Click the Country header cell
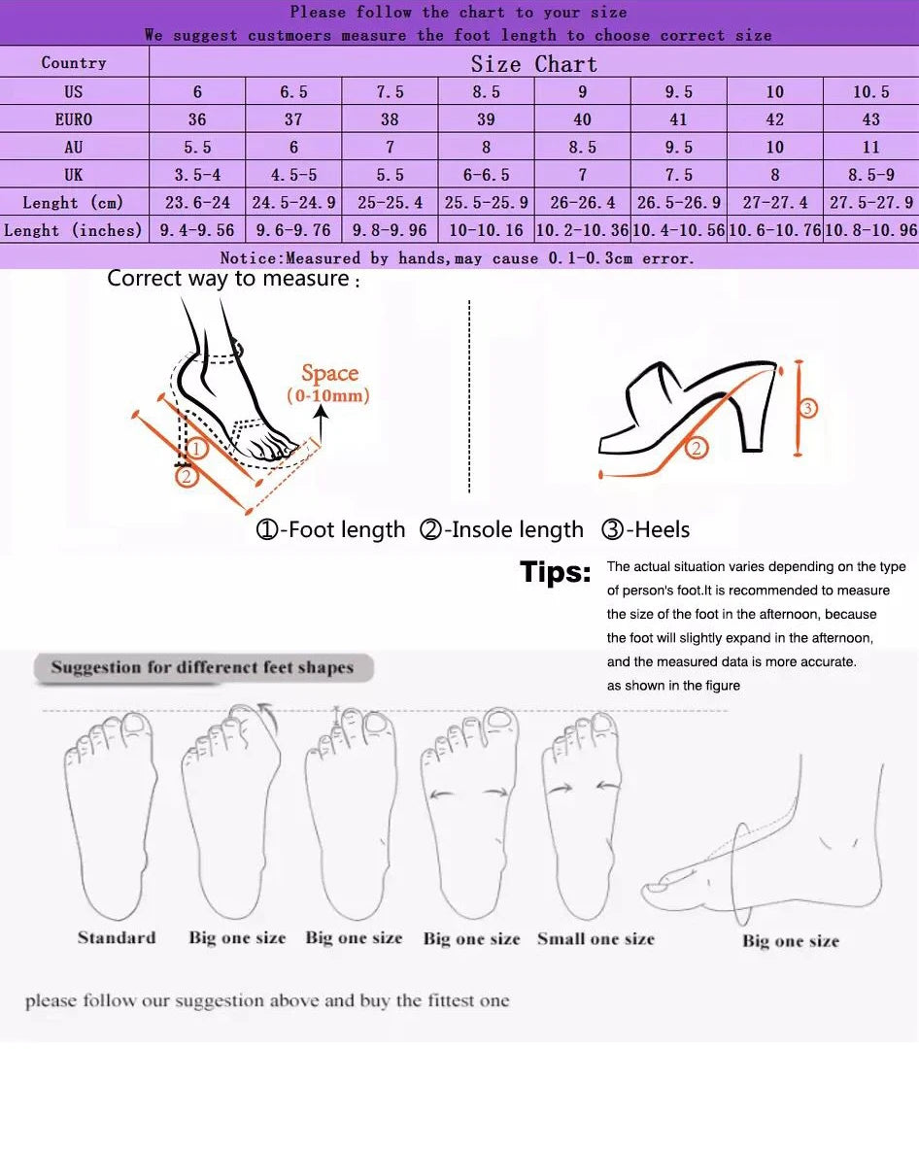[x=74, y=63]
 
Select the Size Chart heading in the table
[x=533, y=64]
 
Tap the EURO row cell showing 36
[x=197, y=119]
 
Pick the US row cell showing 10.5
[x=870, y=92]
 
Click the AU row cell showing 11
[x=870, y=148]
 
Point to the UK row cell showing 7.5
[x=678, y=176]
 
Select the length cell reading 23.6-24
[x=197, y=203]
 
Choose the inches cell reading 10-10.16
[x=485, y=231]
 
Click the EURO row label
[x=74, y=119]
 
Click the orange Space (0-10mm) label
[x=328, y=383]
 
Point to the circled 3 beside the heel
[x=807, y=408]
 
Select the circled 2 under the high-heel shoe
[x=697, y=449]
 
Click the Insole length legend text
[x=502, y=530]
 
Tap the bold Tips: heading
[x=555, y=572]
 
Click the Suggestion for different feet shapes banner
[x=202, y=667]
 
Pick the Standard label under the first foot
[x=117, y=937]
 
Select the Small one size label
[x=596, y=938]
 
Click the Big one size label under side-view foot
[x=790, y=940]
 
